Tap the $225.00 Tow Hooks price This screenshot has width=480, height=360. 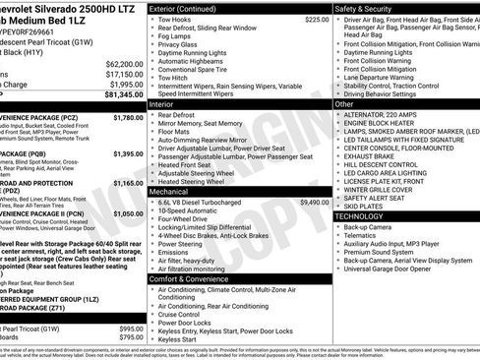(x=317, y=19)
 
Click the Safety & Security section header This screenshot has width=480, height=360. (x=369, y=8)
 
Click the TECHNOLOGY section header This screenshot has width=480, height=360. (x=359, y=215)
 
